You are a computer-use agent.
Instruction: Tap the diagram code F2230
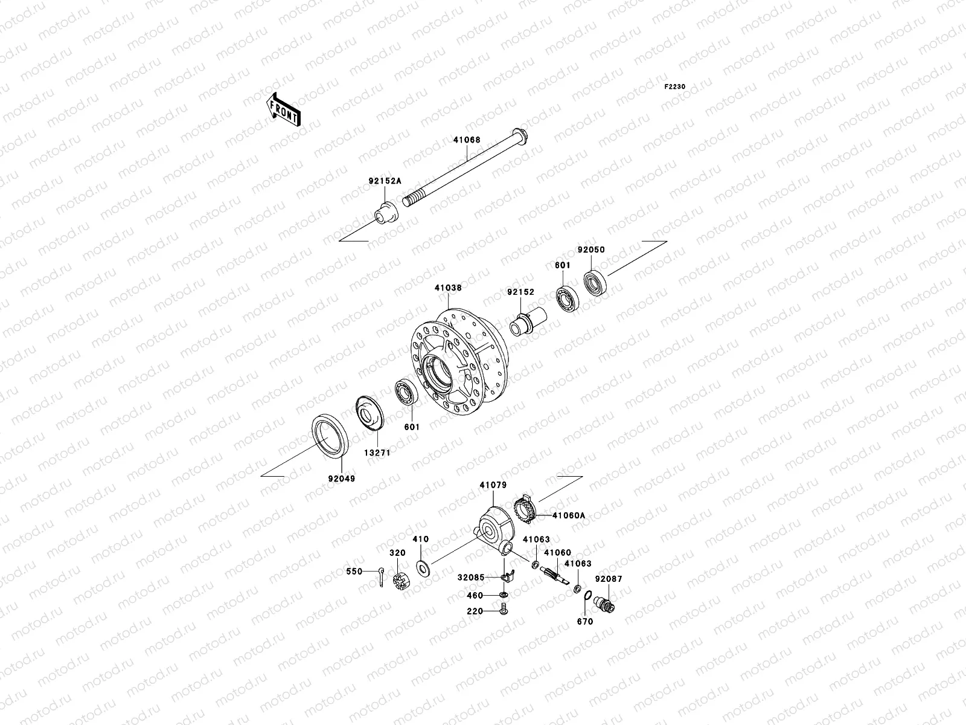[675, 87]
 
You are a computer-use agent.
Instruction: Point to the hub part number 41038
[447, 288]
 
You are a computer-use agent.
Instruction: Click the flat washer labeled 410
[424, 567]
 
